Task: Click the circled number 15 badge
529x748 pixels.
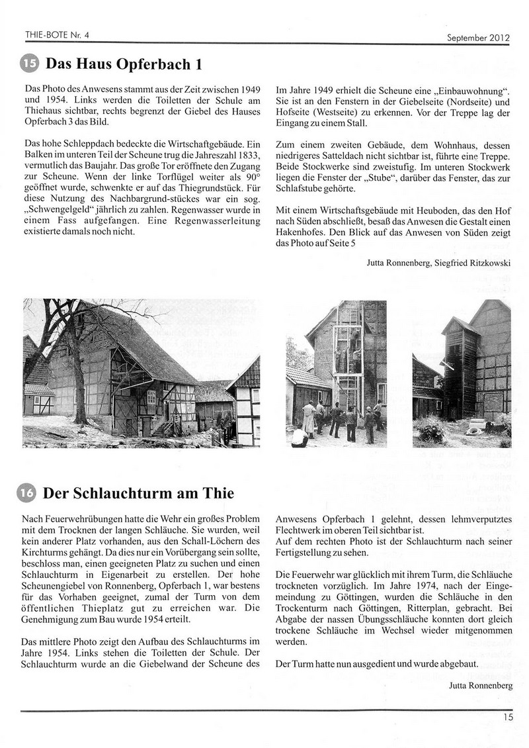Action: pyautogui.click(x=30, y=64)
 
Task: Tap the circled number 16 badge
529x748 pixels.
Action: pyautogui.click(x=30, y=493)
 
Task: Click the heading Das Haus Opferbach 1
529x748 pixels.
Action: pyautogui.click(x=122, y=64)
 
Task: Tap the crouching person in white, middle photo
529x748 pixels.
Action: pyautogui.click(x=300, y=436)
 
